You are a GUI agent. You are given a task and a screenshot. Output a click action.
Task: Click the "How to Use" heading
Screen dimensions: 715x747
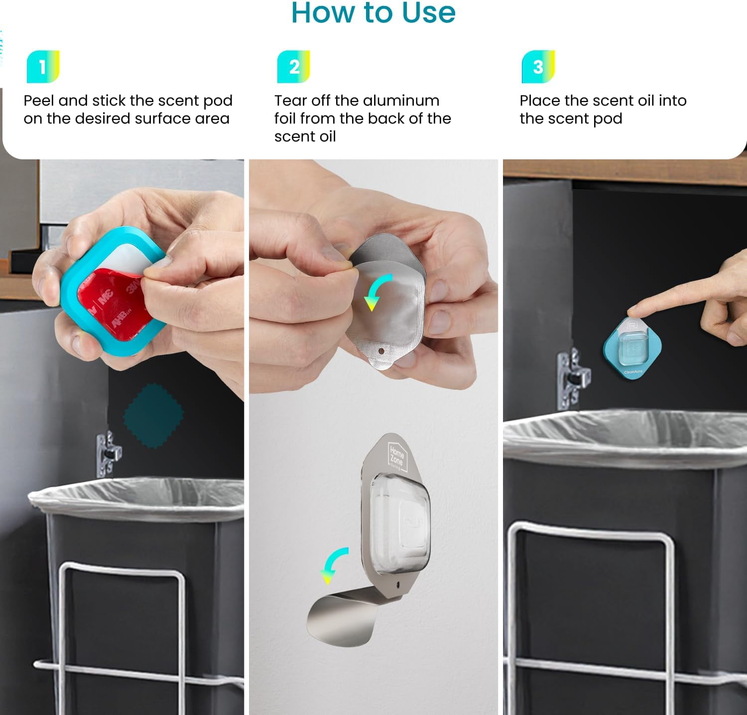click(x=373, y=13)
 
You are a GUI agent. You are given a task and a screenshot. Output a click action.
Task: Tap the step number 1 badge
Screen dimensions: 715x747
click(x=43, y=67)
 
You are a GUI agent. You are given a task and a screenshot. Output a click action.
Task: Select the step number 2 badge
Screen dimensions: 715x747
click(x=294, y=67)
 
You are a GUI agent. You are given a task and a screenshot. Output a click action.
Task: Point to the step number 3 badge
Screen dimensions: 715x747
click(x=538, y=67)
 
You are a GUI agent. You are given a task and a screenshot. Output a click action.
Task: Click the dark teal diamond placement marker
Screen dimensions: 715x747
click(x=153, y=414)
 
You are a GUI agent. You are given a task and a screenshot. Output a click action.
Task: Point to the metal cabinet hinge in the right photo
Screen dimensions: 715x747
click(x=573, y=378)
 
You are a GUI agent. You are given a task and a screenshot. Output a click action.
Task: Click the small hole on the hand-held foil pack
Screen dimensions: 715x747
click(x=381, y=351)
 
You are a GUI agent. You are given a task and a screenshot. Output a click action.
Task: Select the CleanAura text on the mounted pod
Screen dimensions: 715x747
click(x=633, y=372)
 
